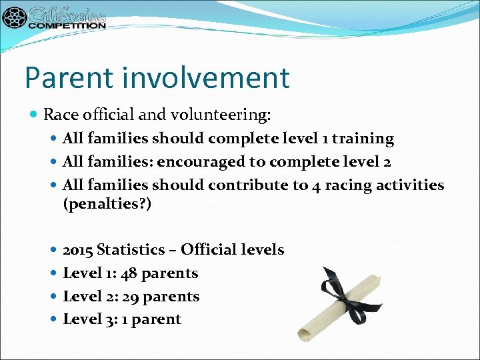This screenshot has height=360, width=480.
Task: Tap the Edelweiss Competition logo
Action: point(54,18)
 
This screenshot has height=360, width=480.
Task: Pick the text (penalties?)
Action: point(107,204)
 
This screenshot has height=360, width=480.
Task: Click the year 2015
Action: point(77,250)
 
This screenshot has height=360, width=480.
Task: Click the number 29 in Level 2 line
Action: point(132,296)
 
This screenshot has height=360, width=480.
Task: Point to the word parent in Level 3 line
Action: point(157,319)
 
